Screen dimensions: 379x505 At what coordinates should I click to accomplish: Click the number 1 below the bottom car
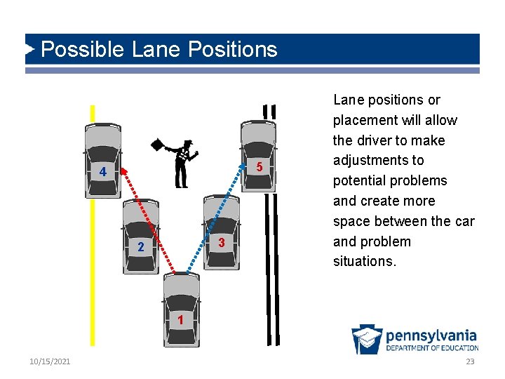pos(180,320)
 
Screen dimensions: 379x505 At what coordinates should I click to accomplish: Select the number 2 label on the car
pos(141,246)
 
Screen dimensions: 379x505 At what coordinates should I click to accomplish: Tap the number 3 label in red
pos(221,243)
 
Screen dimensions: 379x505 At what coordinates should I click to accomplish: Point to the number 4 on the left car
pos(102,173)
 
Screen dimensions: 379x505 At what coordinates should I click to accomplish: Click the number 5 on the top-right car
pos(259,168)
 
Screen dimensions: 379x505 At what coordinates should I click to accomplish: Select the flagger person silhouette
pos(183,164)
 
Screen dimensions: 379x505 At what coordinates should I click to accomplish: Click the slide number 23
pos(470,361)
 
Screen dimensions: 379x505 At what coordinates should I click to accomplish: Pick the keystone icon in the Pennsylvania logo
pos(367,339)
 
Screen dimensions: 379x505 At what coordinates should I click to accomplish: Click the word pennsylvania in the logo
pos(431,335)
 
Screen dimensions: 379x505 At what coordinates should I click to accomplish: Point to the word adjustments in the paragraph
pos(378,161)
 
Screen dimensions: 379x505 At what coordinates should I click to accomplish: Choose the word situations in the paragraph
pos(365,261)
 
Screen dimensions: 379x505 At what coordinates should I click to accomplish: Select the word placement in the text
pos(365,120)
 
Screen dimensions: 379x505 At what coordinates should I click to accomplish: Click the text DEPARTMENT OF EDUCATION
pos(432,347)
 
